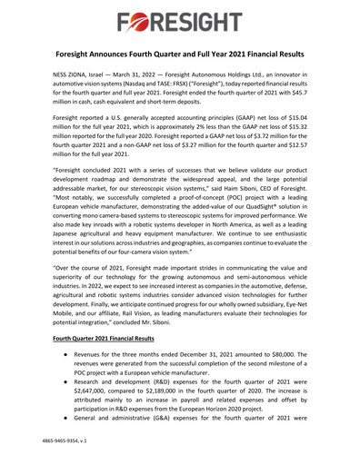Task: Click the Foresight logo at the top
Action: (x=180, y=19)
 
